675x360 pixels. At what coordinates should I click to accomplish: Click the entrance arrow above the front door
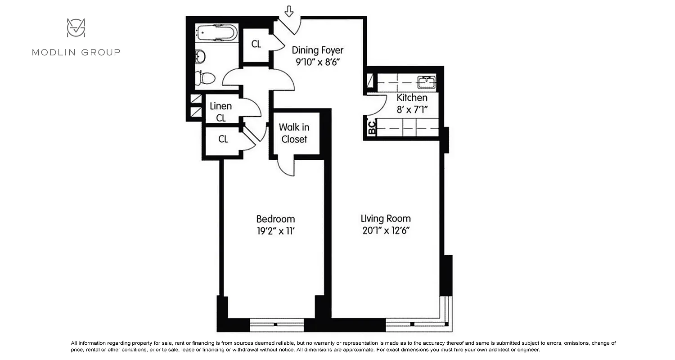289,12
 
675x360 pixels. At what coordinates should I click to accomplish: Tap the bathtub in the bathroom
216,33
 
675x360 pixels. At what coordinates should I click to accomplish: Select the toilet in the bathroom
206,78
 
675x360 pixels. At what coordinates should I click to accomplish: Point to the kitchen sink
425,82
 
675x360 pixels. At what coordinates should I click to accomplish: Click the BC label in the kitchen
372,128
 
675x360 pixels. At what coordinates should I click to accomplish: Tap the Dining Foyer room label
317,50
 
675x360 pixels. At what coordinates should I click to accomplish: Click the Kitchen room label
412,98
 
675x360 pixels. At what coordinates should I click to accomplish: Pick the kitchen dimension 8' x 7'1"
412,109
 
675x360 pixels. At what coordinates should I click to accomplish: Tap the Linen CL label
221,112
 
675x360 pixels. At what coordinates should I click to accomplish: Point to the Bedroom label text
275,219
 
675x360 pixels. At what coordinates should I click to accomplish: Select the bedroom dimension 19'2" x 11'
275,231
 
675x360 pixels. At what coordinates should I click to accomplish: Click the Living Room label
386,219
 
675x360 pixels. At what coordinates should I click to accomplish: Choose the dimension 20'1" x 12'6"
386,231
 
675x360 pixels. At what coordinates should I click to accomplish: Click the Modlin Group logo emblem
76,28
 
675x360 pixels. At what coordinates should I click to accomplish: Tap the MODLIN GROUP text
76,52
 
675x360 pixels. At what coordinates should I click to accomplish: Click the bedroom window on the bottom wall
277,324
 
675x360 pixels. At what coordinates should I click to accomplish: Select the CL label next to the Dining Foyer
256,44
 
